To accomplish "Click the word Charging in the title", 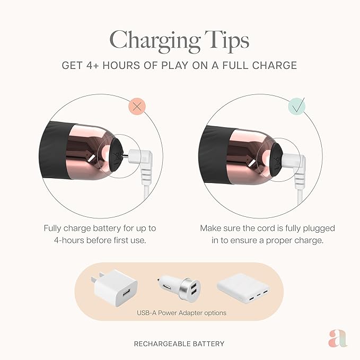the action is pyautogui.click(x=155, y=41).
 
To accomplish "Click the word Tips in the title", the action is pyautogui.click(x=227, y=40).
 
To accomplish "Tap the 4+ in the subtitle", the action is pyautogui.click(x=93, y=65).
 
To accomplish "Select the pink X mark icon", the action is pyautogui.click(x=137, y=106).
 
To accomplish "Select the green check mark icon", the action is pyautogui.click(x=297, y=106).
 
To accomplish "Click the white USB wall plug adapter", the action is pyautogui.click(x=116, y=287).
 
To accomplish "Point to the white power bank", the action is pyautogui.click(x=244, y=288).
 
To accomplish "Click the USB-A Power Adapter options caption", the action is pyautogui.click(x=181, y=313).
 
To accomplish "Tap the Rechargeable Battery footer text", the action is pyautogui.click(x=179, y=344).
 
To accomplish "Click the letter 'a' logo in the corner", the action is pyautogui.click(x=338, y=338).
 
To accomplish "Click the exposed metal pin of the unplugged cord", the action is pyautogui.click(x=126, y=156).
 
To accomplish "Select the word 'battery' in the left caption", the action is pyautogui.click(x=107, y=228).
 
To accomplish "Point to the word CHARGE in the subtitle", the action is pyautogui.click(x=274, y=65).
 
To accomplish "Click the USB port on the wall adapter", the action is pyautogui.click(x=126, y=294).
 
